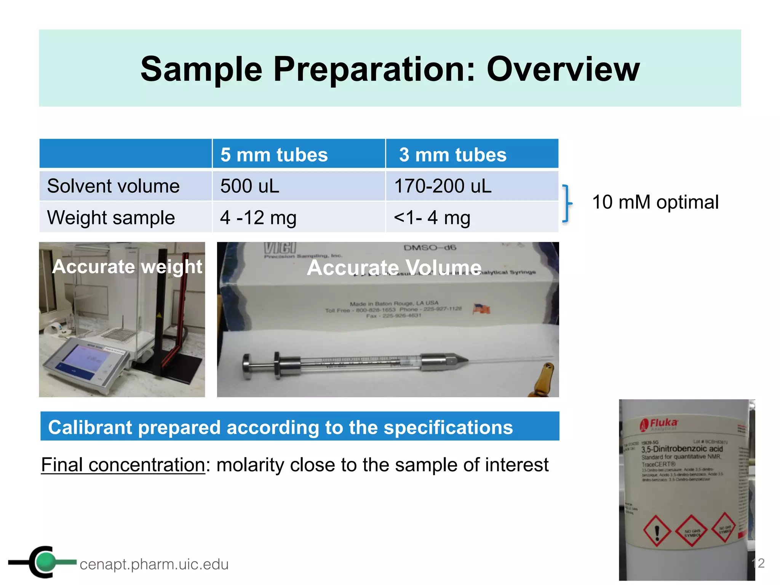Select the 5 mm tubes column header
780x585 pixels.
274,155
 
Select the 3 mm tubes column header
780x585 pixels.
452,155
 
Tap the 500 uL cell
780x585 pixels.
250,186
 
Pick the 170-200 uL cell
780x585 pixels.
443,186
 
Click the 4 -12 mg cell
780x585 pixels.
258,218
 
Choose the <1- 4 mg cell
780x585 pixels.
432,218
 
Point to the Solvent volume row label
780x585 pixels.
113,186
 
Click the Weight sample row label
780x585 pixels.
111,218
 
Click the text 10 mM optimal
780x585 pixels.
655,202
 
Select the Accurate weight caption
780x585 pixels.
127,266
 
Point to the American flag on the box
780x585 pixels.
482,308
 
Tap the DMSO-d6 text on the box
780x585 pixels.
430,248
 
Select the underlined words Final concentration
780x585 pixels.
123,465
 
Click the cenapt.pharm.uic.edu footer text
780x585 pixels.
154,564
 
